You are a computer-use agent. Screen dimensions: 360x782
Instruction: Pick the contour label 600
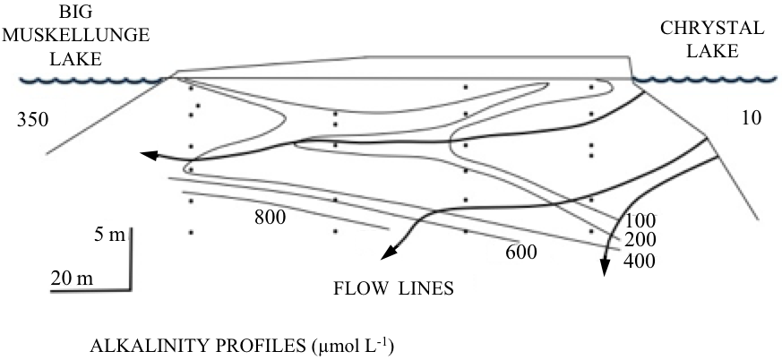[520, 252]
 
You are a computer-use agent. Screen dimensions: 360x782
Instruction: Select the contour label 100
[641, 220]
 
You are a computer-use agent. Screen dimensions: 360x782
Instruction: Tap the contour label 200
[641, 240]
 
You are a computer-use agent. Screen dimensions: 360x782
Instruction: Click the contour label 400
[641, 261]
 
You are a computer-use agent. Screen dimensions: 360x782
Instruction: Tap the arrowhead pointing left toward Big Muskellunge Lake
[148, 156]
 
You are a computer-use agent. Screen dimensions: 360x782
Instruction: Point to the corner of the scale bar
[132, 288]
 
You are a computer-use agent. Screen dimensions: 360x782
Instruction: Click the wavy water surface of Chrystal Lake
[708, 81]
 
